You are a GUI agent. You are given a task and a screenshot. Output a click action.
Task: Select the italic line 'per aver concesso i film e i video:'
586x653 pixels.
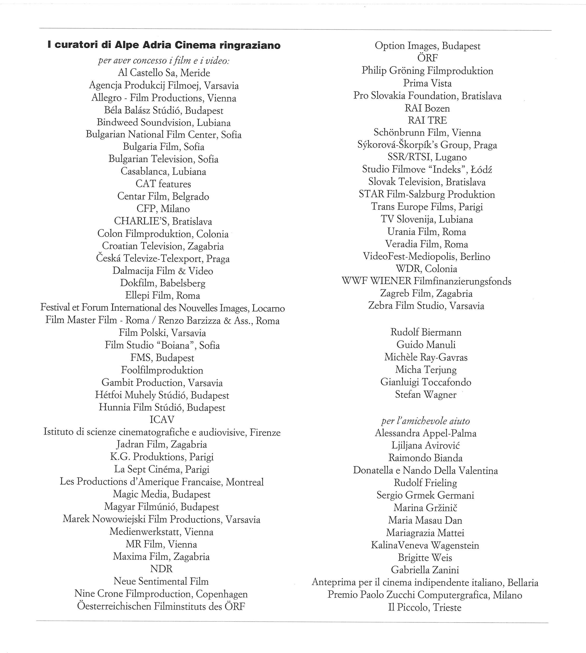point(164,61)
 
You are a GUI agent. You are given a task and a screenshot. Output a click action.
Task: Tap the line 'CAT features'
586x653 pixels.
point(163,184)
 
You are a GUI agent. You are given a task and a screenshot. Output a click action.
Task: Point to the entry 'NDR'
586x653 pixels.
point(162,569)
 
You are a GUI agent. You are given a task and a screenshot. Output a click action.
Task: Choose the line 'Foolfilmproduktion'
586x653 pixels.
point(162,370)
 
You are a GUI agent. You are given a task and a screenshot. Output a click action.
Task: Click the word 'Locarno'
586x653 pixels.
point(268,308)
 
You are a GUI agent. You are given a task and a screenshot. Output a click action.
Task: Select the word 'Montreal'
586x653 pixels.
point(245,482)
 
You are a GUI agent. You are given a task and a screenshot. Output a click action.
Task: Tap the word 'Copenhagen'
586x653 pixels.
point(222,594)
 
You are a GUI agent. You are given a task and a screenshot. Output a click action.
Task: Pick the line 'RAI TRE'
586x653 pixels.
point(427,120)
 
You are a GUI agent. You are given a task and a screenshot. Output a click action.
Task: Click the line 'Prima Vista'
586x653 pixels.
point(427,83)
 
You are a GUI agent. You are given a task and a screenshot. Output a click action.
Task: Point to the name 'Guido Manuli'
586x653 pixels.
point(426,345)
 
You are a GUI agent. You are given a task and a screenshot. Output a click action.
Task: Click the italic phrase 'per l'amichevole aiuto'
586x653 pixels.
point(426,421)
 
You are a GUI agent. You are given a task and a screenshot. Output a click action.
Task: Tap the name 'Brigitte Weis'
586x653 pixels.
point(425,557)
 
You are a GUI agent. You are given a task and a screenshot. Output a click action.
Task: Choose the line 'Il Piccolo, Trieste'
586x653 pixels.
point(425,607)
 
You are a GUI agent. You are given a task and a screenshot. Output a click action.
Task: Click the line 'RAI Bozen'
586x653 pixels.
point(427,108)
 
